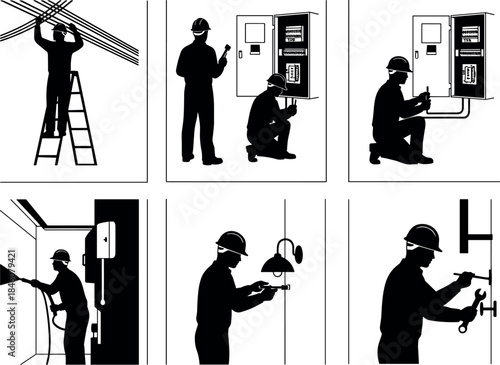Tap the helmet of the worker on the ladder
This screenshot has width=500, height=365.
click(60, 29)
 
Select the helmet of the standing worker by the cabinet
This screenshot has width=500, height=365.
click(200, 25)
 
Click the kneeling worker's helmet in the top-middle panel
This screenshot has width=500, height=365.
click(277, 81)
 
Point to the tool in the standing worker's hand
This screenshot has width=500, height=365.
click(225, 45)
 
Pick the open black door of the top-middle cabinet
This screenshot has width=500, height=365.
click(294, 55)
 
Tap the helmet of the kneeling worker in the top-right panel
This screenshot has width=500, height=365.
click(398, 64)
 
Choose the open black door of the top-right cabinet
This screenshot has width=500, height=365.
click(470, 55)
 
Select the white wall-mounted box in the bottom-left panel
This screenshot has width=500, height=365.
click(105, 240)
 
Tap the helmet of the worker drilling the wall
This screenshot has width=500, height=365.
click(61, 256)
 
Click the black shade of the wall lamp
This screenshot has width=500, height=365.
click(277, 264)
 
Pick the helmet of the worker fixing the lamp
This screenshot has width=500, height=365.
click(231, 242)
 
